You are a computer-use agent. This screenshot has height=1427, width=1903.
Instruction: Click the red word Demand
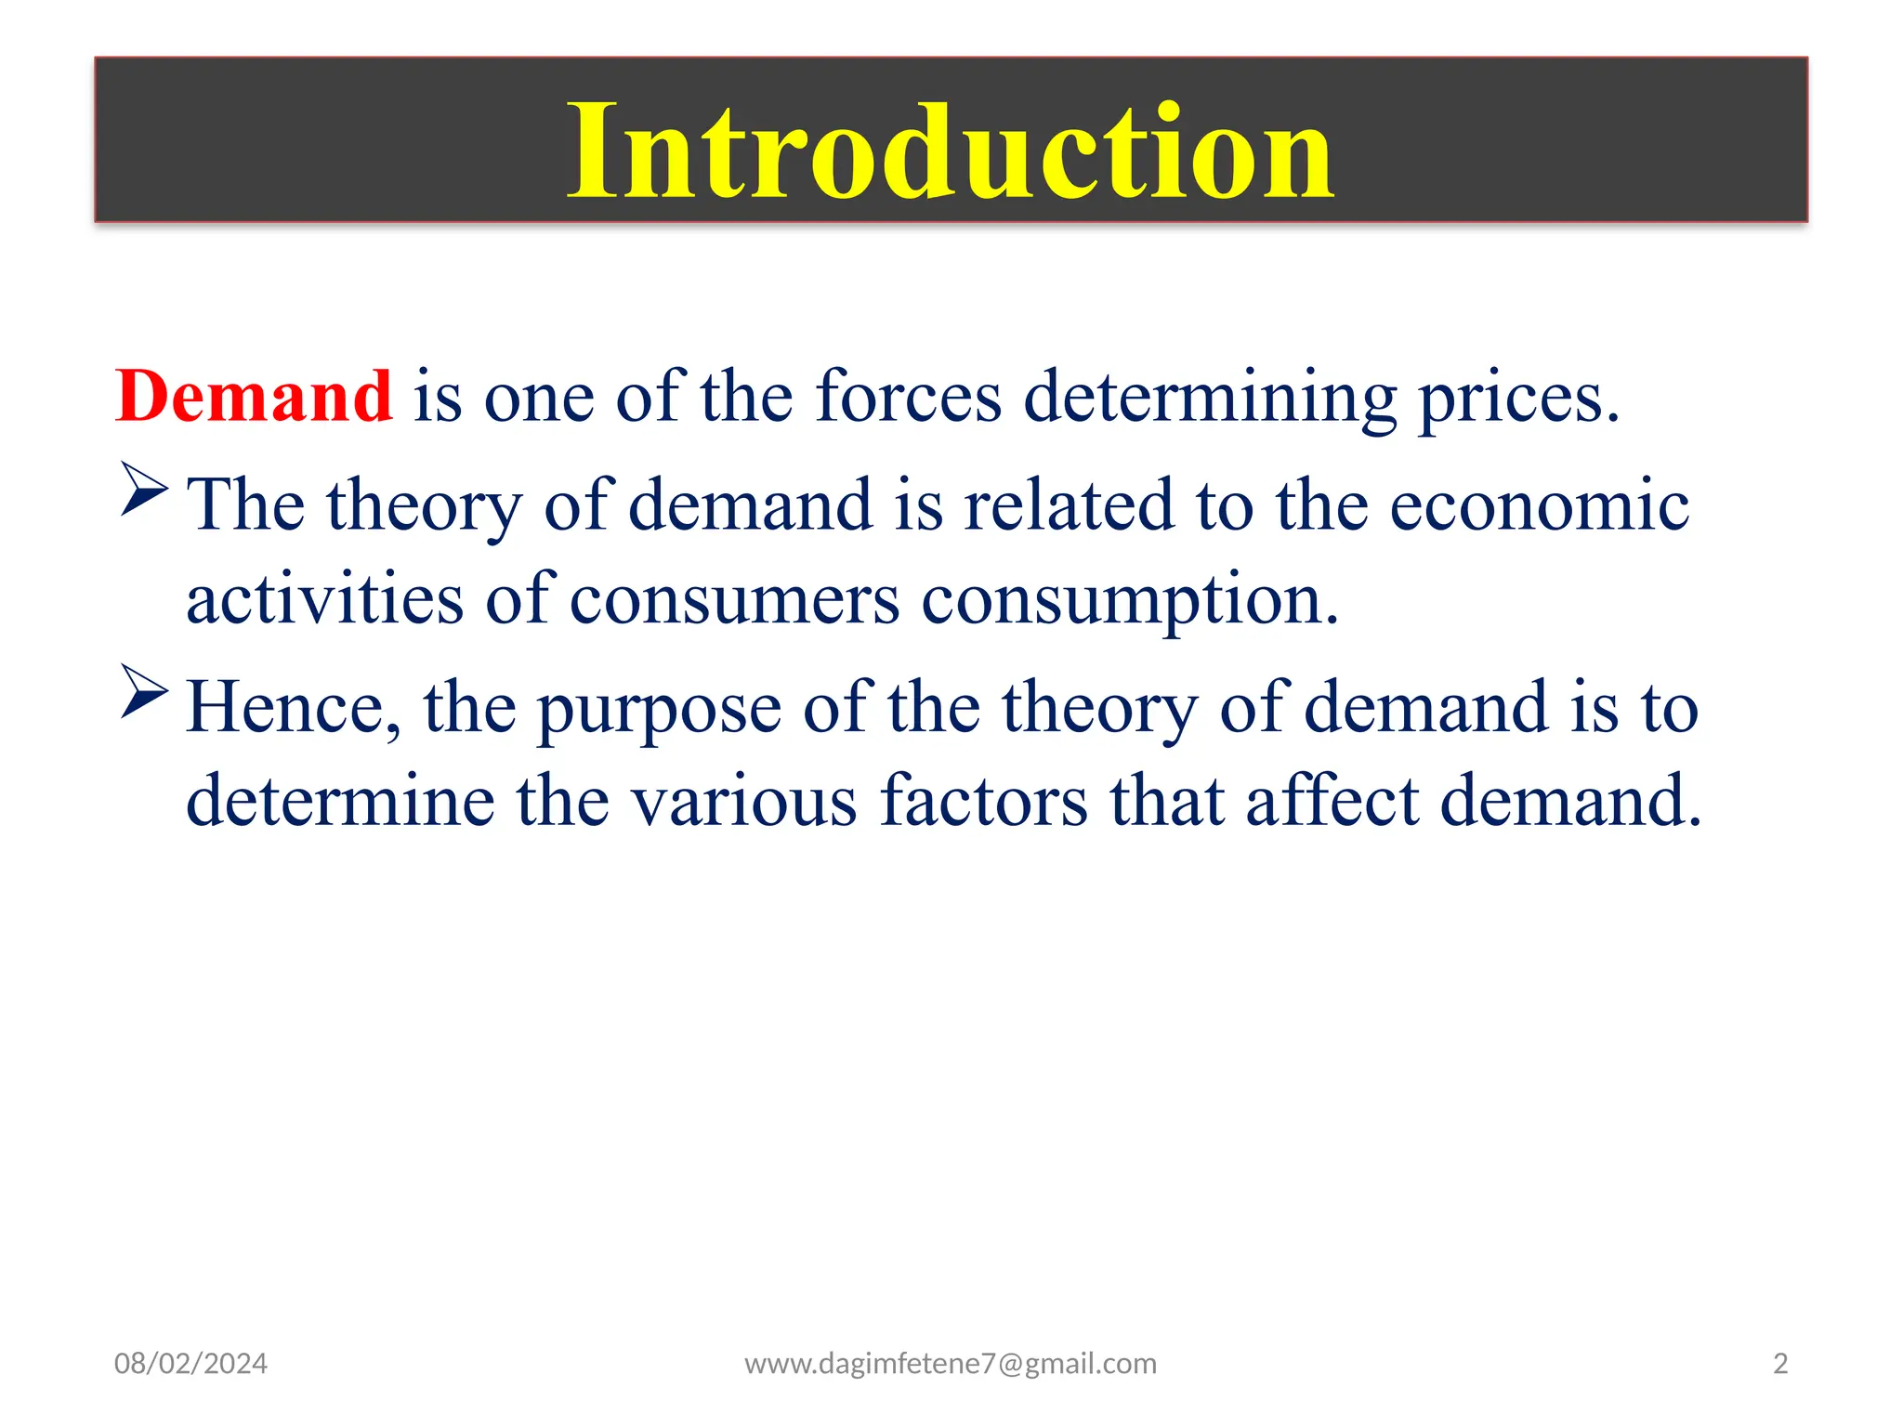point(253,397)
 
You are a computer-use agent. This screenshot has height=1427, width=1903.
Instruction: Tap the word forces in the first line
point(908,397)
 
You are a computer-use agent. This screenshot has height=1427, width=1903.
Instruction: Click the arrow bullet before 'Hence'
point(144,691)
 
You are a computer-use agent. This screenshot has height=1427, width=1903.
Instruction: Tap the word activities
point(324,599)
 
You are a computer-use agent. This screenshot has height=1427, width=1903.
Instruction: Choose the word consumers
point(734,601)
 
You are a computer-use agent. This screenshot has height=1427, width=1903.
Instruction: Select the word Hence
point(293,708)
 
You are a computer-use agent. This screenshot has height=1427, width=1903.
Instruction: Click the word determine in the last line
point(340,801)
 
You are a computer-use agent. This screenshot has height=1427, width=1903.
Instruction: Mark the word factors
point(983,801)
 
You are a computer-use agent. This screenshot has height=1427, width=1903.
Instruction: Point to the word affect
point(1332,801)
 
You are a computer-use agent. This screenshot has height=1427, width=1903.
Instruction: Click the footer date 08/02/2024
point(190,1364)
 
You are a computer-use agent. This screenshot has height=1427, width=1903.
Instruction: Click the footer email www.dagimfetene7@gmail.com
point(950,1364)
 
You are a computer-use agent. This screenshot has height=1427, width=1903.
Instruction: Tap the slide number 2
point(1779,1364)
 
